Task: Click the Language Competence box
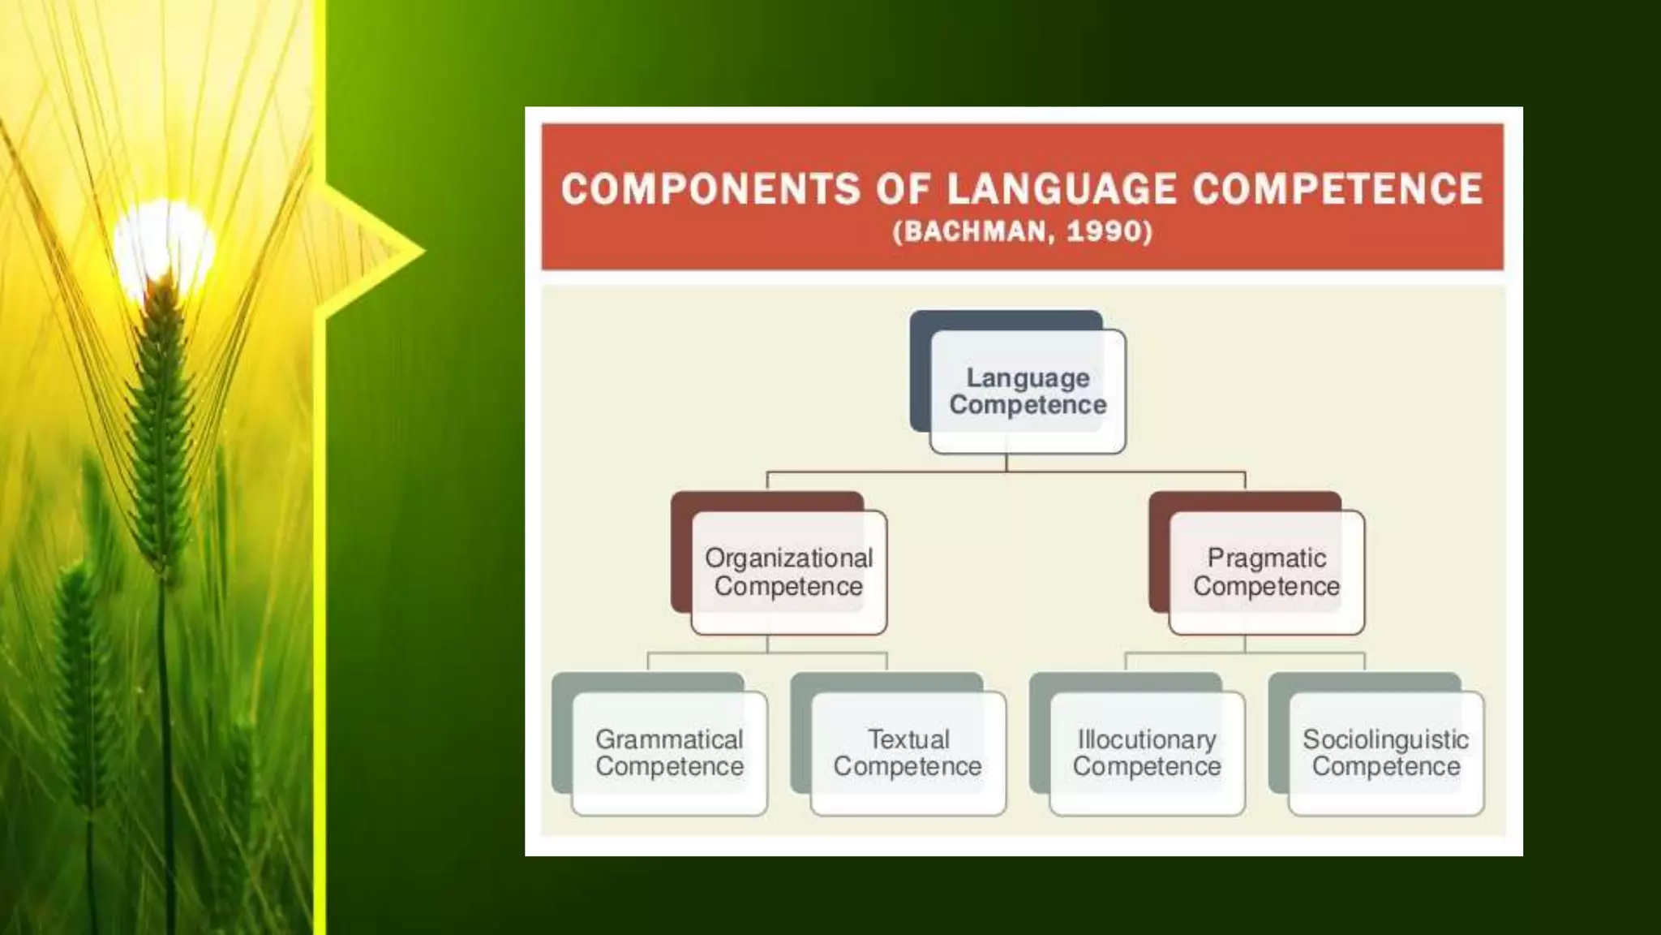point(1028,391)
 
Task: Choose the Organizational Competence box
point(788,572)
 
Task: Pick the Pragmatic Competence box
point(1266,572)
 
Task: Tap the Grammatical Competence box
point(669,753)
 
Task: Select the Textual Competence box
point(908,753)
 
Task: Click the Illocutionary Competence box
point(1147,753)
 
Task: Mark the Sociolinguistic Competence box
point(1386,753)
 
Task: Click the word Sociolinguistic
point(1385,739)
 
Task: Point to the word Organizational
point(788,558)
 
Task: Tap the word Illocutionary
point(1147,739)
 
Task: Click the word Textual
point(908,739)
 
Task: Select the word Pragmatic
point(1266,558)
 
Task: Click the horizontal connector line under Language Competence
point(892,472)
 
